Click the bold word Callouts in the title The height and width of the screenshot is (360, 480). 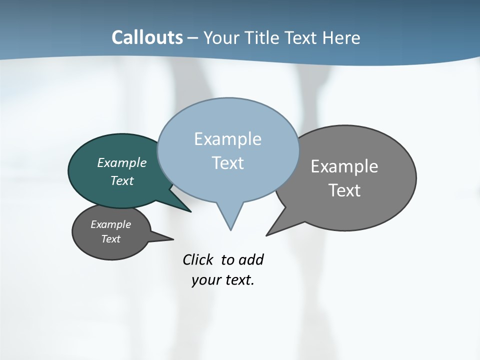[147, 37]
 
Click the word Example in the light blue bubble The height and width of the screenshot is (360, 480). [227, 139]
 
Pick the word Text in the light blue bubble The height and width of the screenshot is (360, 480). [227, 163]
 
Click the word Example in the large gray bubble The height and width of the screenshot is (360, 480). [344, 166]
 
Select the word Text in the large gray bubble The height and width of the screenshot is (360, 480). [344, 190]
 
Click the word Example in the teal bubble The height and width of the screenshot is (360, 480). [121, 162]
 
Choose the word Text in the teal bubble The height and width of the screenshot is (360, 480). [121, 180]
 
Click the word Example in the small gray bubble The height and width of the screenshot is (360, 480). [110, 224]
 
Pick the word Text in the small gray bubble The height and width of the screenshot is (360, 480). [110, 239]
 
